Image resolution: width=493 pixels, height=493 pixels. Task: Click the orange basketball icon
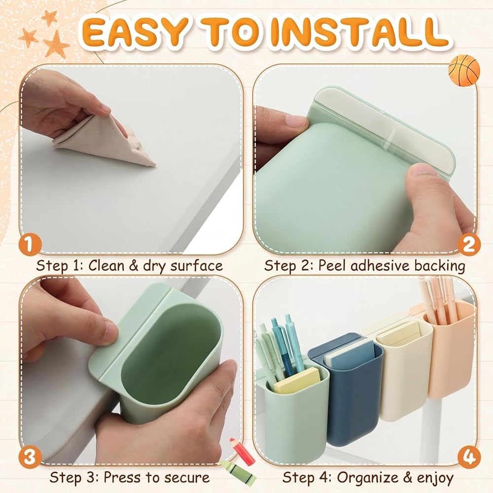tap(464, 70)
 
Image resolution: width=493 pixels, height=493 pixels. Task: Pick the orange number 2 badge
tap(469, 244)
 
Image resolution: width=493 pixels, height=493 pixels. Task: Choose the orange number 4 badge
tap(469, 457)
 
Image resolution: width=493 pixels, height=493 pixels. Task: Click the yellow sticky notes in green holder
tap(296, 381)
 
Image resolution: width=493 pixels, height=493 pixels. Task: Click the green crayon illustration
tap(238, 473)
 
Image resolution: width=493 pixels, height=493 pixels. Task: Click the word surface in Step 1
tap(197, 266)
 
